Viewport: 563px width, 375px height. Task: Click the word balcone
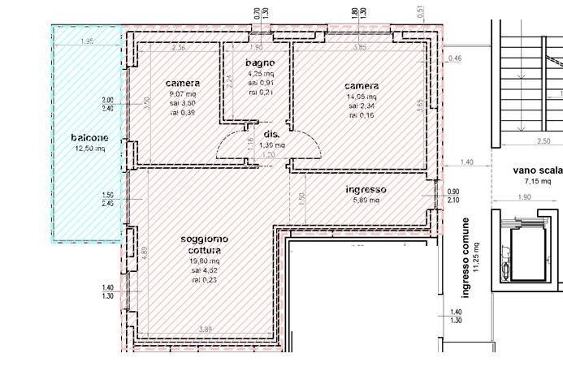click(x=89, y=138)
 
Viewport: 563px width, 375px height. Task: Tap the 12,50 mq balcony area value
click(x=89, y=149)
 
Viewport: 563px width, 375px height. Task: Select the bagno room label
click(x=260, y=63)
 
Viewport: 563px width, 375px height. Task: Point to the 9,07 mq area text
click(x=182, y=94)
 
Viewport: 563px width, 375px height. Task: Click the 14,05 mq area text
click(x=361, y=96)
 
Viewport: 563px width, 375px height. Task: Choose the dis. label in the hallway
click(x=271, y=135)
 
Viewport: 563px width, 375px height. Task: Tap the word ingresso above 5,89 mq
click(x=366, y=190)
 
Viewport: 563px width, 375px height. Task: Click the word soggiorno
click(x=204, y=239)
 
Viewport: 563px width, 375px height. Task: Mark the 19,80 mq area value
click(x=204, y=261)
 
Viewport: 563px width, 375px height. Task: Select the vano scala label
click(x=537, y=170)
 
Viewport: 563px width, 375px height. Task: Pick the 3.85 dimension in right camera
click(x=360, y=48)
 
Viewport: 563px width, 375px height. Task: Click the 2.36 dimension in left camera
click(x=180, y=48)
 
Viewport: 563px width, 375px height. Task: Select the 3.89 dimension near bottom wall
click(x=206, y=329)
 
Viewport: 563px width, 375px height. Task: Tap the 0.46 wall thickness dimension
click(x=455, y=58)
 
